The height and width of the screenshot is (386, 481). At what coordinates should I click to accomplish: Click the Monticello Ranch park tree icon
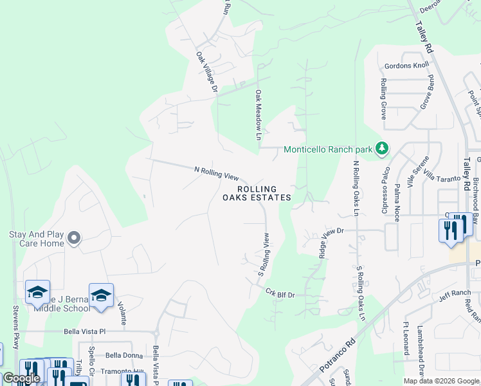tap(382, 149)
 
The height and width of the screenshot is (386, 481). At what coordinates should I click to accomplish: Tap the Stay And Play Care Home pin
tap(74, 239)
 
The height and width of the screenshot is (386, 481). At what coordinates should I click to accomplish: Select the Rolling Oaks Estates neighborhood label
tap(257, 193)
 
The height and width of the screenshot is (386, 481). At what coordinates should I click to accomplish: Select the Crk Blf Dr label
tap(280, 293)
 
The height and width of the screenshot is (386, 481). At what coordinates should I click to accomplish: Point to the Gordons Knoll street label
tap(406, 66)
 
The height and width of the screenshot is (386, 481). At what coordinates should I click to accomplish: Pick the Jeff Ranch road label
tap(456, 293)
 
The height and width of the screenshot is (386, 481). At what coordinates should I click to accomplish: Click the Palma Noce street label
tap(397, 202)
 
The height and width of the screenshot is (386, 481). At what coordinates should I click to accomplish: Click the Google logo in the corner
tap(21, 378)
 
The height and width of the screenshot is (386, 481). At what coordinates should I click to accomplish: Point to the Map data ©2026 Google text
tap(441, 381)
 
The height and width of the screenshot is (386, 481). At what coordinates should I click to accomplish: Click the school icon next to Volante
tap(101, 295)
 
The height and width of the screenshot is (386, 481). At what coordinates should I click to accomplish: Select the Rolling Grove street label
tap(383, 99)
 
